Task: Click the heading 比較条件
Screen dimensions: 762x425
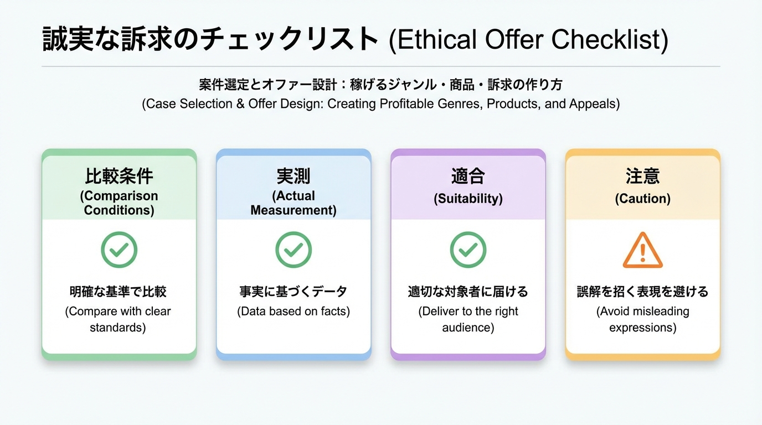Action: (x=119, y=176)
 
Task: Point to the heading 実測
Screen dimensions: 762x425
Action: (x=294, y=176)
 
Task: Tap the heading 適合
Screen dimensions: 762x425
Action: (x=468, y=176)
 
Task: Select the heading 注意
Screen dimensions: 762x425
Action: (x=642, y=176)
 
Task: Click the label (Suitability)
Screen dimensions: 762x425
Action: (x=468, y=199)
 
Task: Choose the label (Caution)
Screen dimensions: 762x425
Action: (x=642, y=199)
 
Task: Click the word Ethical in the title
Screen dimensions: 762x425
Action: (x=436, y=40)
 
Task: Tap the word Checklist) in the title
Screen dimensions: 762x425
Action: (x=610, y=40)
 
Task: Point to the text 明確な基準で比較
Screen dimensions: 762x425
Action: (x=118, y=292)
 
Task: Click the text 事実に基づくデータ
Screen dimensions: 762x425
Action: (x=294, y=292)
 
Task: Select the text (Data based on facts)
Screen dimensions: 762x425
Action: (x=294, y=312)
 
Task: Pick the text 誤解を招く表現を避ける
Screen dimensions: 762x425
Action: (x=642, y=292)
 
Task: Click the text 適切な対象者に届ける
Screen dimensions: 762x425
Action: (x=468, y=292)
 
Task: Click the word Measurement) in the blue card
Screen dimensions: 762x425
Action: (x=294, y=210)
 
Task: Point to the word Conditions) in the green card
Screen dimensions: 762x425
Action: (x=119, y=210)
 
